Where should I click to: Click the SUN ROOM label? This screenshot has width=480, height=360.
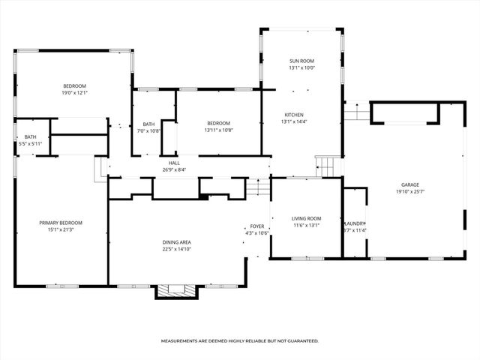[x=302, y=60]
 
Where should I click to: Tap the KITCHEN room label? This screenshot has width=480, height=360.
[x=294, y=115]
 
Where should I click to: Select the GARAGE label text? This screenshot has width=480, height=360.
[x=409, y=184]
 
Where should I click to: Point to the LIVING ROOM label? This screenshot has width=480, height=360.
[x=306, y=218]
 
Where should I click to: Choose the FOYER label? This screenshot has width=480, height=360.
[x=257, y=226]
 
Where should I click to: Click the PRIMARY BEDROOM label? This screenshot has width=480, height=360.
[x=61, y=223]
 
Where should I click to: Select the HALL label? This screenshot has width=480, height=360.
[x=174, y=163]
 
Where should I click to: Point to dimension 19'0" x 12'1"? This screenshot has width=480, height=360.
[x=74, y=93]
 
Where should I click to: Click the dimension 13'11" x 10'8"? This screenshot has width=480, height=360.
[x=218, y=130]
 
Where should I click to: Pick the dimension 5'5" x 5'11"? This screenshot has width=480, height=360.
[x=20, y=143]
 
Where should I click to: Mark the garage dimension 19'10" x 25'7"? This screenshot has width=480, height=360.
[x=409, y=191]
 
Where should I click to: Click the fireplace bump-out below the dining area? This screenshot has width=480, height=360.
[x=175, y=291]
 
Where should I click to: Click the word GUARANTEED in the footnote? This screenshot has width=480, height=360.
[x=298, y=341]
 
